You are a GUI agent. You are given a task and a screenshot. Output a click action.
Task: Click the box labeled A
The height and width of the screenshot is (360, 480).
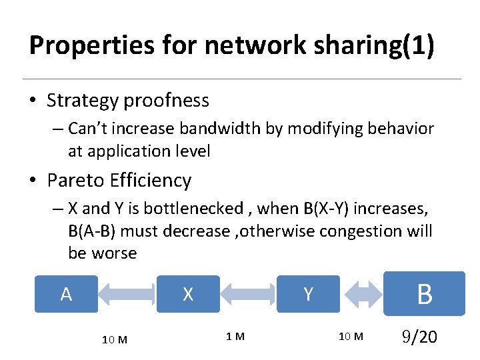click(x=66, y=294)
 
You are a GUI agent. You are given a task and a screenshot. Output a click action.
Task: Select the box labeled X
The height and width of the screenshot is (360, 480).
click(x=188, y=294)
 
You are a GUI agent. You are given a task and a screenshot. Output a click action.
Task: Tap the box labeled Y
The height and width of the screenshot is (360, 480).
click(x=308, y=294)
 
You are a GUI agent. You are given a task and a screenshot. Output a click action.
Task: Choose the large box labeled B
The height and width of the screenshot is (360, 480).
click(x=424, y=293)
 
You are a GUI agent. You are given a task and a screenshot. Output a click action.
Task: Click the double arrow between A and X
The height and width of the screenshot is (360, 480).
click(x=127, y=294)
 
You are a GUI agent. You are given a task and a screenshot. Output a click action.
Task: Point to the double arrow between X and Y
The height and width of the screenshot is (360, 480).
click(x=248, y=294)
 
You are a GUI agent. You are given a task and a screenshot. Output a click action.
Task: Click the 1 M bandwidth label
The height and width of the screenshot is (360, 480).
click(x=235, y=337)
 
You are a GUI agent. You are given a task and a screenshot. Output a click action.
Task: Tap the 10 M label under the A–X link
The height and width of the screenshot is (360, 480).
click(x=115, y=339)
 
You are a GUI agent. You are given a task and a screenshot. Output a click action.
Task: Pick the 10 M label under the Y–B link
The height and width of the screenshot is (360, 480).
click(x=351, y=337)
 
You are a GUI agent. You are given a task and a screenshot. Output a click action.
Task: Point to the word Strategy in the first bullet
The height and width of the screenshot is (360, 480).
click(x=83, y=101)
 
